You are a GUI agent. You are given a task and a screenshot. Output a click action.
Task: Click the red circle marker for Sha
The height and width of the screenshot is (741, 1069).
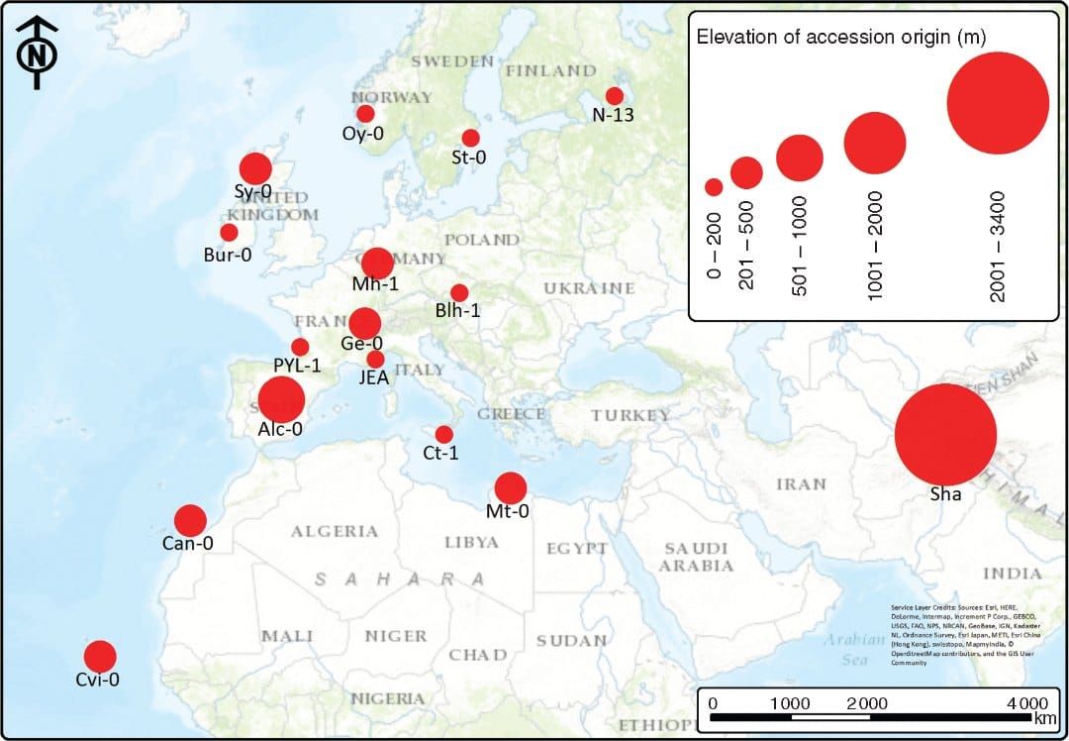coord(945,434)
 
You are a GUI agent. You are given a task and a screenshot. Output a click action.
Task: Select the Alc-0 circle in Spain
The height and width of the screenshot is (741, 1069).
coord(281,400)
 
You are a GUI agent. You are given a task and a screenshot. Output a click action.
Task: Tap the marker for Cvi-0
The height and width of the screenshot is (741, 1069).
coord(100,656)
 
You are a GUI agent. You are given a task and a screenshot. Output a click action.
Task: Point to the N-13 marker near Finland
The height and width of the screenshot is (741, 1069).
coord(615,96)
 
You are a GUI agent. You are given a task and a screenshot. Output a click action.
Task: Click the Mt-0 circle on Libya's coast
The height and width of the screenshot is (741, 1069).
coord(510,487)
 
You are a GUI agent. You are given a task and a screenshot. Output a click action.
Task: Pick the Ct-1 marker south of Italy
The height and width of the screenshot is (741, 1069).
coord(443,434)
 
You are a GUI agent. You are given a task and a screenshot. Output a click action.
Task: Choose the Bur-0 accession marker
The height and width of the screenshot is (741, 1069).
coord(229,233)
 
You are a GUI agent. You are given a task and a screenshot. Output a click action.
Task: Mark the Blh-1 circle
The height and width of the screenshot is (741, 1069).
coord(459,292)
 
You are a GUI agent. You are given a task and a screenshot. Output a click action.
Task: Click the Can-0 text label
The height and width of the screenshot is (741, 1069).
coord(188,543)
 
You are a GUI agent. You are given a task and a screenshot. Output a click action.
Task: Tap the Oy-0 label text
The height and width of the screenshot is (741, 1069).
coord(362,133)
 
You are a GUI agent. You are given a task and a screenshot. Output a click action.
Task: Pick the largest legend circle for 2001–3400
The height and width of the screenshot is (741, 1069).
coord(997,103)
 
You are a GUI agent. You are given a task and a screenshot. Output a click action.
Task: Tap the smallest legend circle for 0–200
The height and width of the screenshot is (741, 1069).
coord(714,186)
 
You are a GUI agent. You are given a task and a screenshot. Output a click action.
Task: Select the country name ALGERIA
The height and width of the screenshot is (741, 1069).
coord(335,531)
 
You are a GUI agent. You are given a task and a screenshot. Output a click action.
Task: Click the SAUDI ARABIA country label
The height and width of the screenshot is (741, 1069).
coord(697,557)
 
